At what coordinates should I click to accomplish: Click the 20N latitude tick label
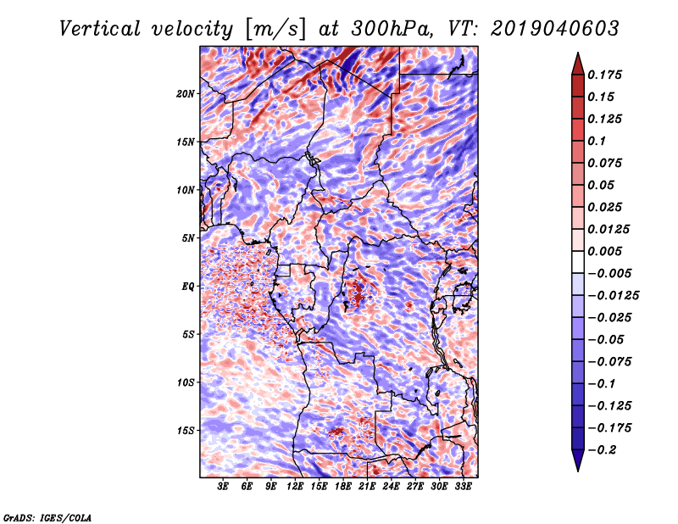[186, 94]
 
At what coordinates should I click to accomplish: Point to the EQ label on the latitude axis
[187, 287]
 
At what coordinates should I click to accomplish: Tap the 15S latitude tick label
[186, 431]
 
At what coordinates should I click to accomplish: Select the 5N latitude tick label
[188, 238]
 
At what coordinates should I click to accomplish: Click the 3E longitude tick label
[223, 486]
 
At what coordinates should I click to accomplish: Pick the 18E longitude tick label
[343, 486]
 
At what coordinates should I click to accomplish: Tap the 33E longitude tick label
[463, 486]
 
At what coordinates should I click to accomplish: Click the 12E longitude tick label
[295, 486]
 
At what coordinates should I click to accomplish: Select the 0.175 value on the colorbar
[604, 75]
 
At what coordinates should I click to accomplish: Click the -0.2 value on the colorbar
[602, 450]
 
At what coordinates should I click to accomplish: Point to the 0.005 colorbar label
[604, 251]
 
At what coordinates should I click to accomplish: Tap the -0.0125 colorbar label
[613, 296]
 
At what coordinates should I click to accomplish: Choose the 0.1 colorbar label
[597, 141]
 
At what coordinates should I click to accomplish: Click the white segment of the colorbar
[578, 262]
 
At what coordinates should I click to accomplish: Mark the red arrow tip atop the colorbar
[578, 53]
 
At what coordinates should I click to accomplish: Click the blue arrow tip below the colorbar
[578, 470]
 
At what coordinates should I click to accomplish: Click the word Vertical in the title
[99, 29]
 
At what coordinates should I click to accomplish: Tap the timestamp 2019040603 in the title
[555, 29]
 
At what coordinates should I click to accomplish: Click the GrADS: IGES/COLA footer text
[47, 517]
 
